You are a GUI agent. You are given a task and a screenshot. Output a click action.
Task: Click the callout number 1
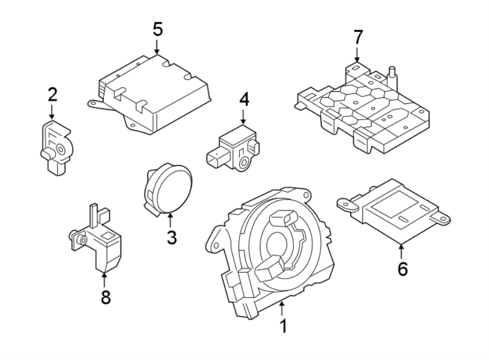tap(283, 326)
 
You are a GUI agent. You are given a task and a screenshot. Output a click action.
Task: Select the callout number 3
tap(171, 237)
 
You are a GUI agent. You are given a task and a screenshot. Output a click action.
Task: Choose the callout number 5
tap(157, 29)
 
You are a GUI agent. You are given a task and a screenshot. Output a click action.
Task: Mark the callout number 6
tap(402, 268)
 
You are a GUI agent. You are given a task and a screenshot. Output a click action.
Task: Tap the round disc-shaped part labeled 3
tap(168, 190)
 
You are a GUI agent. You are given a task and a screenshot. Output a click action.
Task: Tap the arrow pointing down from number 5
tap(157, 47)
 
